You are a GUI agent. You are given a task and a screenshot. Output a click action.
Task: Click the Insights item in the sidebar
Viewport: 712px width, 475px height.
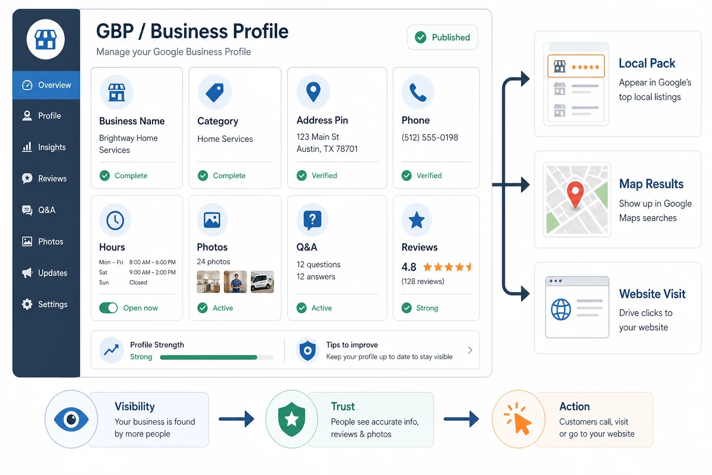tap(44, 147)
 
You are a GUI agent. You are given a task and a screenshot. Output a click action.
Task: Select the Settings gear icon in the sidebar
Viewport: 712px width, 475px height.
tap(27, 304)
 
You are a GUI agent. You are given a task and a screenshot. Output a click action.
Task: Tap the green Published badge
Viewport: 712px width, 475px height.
tap(443, 37)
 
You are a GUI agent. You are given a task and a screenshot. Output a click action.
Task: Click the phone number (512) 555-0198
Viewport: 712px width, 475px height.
tap(430, 137)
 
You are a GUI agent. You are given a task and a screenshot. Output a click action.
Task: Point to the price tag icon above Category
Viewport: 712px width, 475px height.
tap(215, 92)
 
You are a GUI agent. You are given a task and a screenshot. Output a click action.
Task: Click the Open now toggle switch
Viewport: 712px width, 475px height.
tap(108, 308)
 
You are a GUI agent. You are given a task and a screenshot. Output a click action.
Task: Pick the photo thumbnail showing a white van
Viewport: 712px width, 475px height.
tap(262, 282)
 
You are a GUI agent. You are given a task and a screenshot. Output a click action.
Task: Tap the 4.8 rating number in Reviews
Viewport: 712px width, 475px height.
tap(409, 267)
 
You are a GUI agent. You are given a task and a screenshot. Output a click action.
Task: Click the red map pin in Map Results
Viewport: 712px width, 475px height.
tap(575, 194)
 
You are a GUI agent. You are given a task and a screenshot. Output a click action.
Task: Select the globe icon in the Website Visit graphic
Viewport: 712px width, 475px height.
tap(561, 309)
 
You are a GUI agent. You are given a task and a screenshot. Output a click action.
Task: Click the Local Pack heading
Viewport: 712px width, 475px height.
tap(647, 63)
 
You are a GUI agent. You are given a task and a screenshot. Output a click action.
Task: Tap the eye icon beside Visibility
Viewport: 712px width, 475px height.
tap(71, 419)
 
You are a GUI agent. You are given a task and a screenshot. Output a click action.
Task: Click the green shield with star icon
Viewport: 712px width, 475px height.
tap(292, 419)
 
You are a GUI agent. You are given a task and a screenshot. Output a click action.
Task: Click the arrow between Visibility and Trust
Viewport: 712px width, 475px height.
tap(236, 419)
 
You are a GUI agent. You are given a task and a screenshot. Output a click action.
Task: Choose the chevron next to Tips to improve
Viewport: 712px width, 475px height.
tap(470, 350)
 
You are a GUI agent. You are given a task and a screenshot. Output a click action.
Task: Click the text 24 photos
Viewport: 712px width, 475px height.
tap(213, 262)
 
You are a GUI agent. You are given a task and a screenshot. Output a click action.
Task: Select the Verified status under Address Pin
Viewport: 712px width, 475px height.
tap(324, 175)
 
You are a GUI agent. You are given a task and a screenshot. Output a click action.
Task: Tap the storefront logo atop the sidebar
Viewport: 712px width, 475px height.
tap(45, 39)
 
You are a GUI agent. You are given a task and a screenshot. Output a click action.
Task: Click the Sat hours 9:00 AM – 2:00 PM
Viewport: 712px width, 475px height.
tap(152, 272)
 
